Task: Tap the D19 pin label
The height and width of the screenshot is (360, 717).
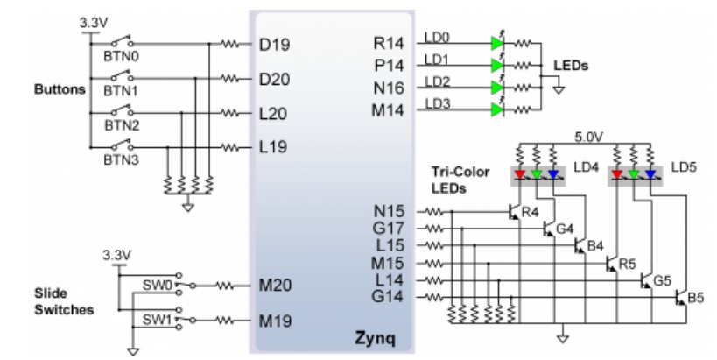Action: (x=274, y=45)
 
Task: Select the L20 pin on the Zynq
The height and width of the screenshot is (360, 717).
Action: (x=273, y=114)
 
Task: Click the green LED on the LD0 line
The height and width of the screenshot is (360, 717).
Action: (x=497, y=44)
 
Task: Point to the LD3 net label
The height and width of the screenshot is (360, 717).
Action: (x=438, y=104)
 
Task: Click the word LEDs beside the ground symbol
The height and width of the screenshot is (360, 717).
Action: (x=571, y=66)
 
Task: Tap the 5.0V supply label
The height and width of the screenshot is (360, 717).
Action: (x=588, y=137)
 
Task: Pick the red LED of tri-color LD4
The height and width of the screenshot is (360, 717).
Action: (x=520, y=174)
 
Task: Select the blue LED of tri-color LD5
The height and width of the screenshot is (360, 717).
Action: (x=650, y=174)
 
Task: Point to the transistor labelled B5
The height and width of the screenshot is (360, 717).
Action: (x=681, y=298)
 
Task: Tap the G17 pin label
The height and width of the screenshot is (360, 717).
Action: (x=388, y=228)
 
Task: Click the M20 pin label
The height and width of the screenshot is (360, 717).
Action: (x=275, y=286)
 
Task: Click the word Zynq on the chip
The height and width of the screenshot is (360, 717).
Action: (x=375, y=338)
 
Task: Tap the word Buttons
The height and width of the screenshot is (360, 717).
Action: (x=60, y=89)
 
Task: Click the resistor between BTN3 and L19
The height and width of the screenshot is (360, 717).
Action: (x=230, y=147)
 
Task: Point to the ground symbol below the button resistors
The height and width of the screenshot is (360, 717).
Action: (x=188, y=207)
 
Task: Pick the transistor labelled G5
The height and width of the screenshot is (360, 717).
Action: (x=646, y=280)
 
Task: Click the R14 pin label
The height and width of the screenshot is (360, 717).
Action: (x=389, y=43)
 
